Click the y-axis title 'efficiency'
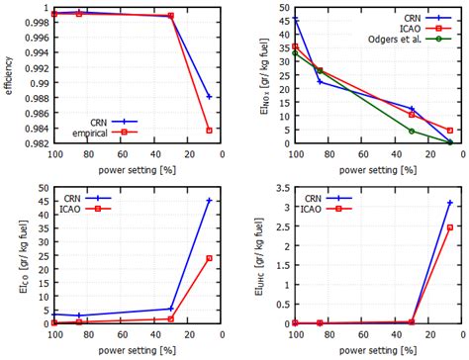coord(9,76)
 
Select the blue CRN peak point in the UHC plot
coord(450,203)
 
